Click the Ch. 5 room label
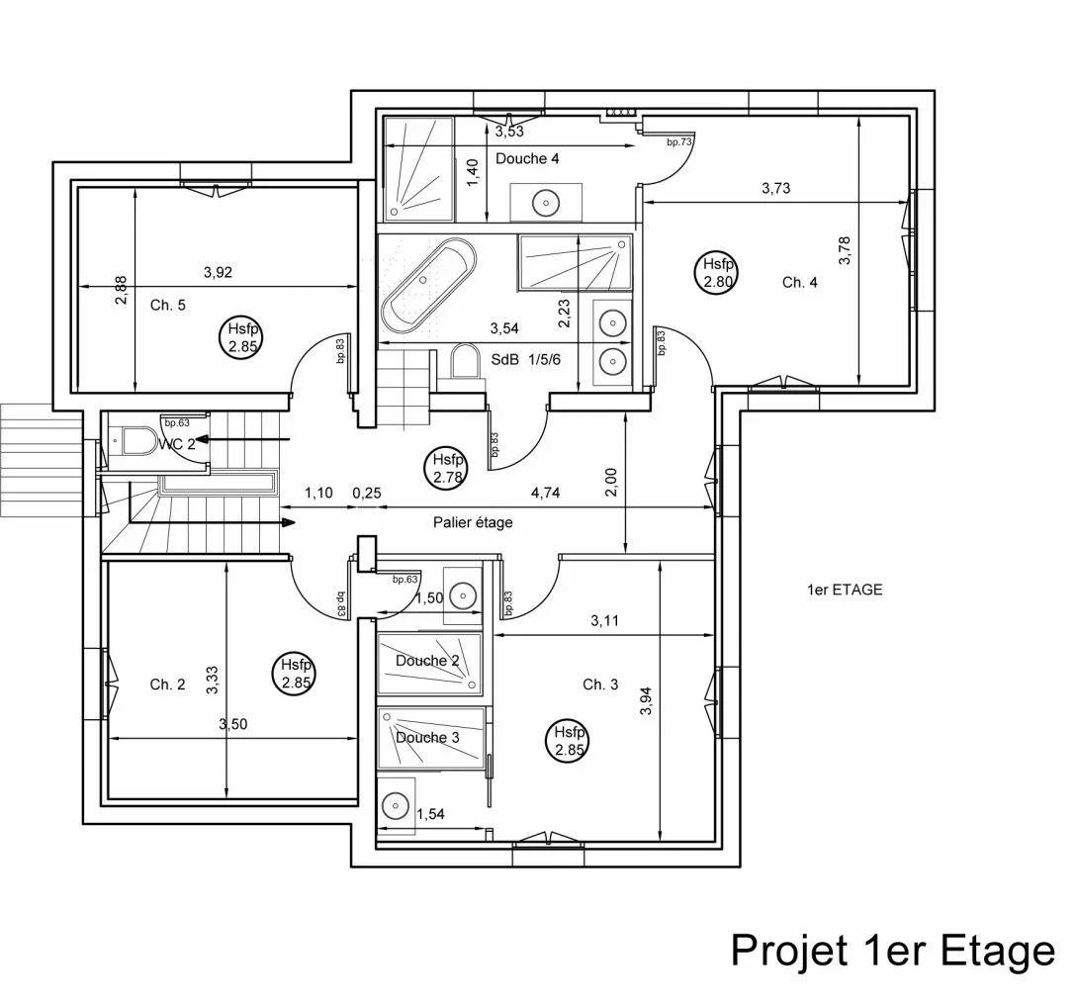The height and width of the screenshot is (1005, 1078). pyautogui.click(x=168, y=305)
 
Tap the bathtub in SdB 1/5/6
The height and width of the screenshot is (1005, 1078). pyautogui.click(x=428, y=285)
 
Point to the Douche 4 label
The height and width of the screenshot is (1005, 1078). pyautogui.click(x=527, y=159)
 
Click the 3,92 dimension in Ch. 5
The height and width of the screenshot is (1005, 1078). pyautogui.click(x=218, y=272)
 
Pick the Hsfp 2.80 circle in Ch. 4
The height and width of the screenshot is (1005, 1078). pyautogui.click(x=718, y=272)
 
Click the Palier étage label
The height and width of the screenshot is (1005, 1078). pyautogui.click(x=473, y=522)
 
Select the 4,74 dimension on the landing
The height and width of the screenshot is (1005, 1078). pyautogui.click(x=545, y=493)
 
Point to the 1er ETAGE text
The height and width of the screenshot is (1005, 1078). pyautogui.click(x=845, y=590)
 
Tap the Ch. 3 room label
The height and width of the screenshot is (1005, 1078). pyautogui.click(x=600, y=685)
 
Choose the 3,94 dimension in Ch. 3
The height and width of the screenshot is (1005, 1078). pyautogui.click(x=646, y=701)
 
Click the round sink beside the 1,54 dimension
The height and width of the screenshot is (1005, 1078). pyautogui.click(x=396, y=805)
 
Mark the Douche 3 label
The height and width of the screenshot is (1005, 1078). pyautogui.click(x=427, y=738)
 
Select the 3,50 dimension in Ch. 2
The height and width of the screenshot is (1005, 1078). pyautogui.click(x=233, y=724)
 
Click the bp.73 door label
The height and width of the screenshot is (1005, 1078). pyautogui.click(x=678, y=141)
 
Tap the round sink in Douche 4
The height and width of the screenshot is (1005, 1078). pyautogui.click(x=546, y=203)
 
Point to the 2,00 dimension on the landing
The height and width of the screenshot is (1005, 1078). pyautogui.click(x=612, y=481)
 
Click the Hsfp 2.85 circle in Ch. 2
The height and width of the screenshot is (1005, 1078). pyautogui.click(x=296, y=675)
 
